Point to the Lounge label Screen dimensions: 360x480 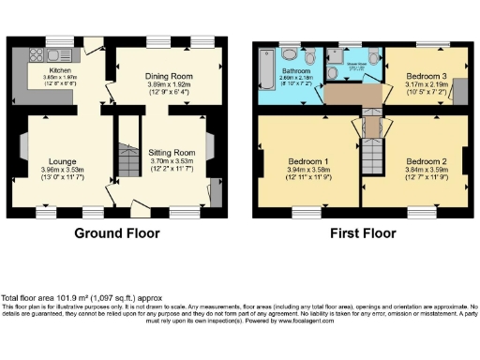coord(63,160)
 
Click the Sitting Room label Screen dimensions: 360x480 coord(172,151)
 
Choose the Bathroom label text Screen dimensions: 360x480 coord(298,69)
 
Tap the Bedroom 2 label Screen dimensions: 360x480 coord(424,160)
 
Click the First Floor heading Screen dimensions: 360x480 coord(359,232)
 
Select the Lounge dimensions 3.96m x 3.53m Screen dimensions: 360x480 coord(63,170)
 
